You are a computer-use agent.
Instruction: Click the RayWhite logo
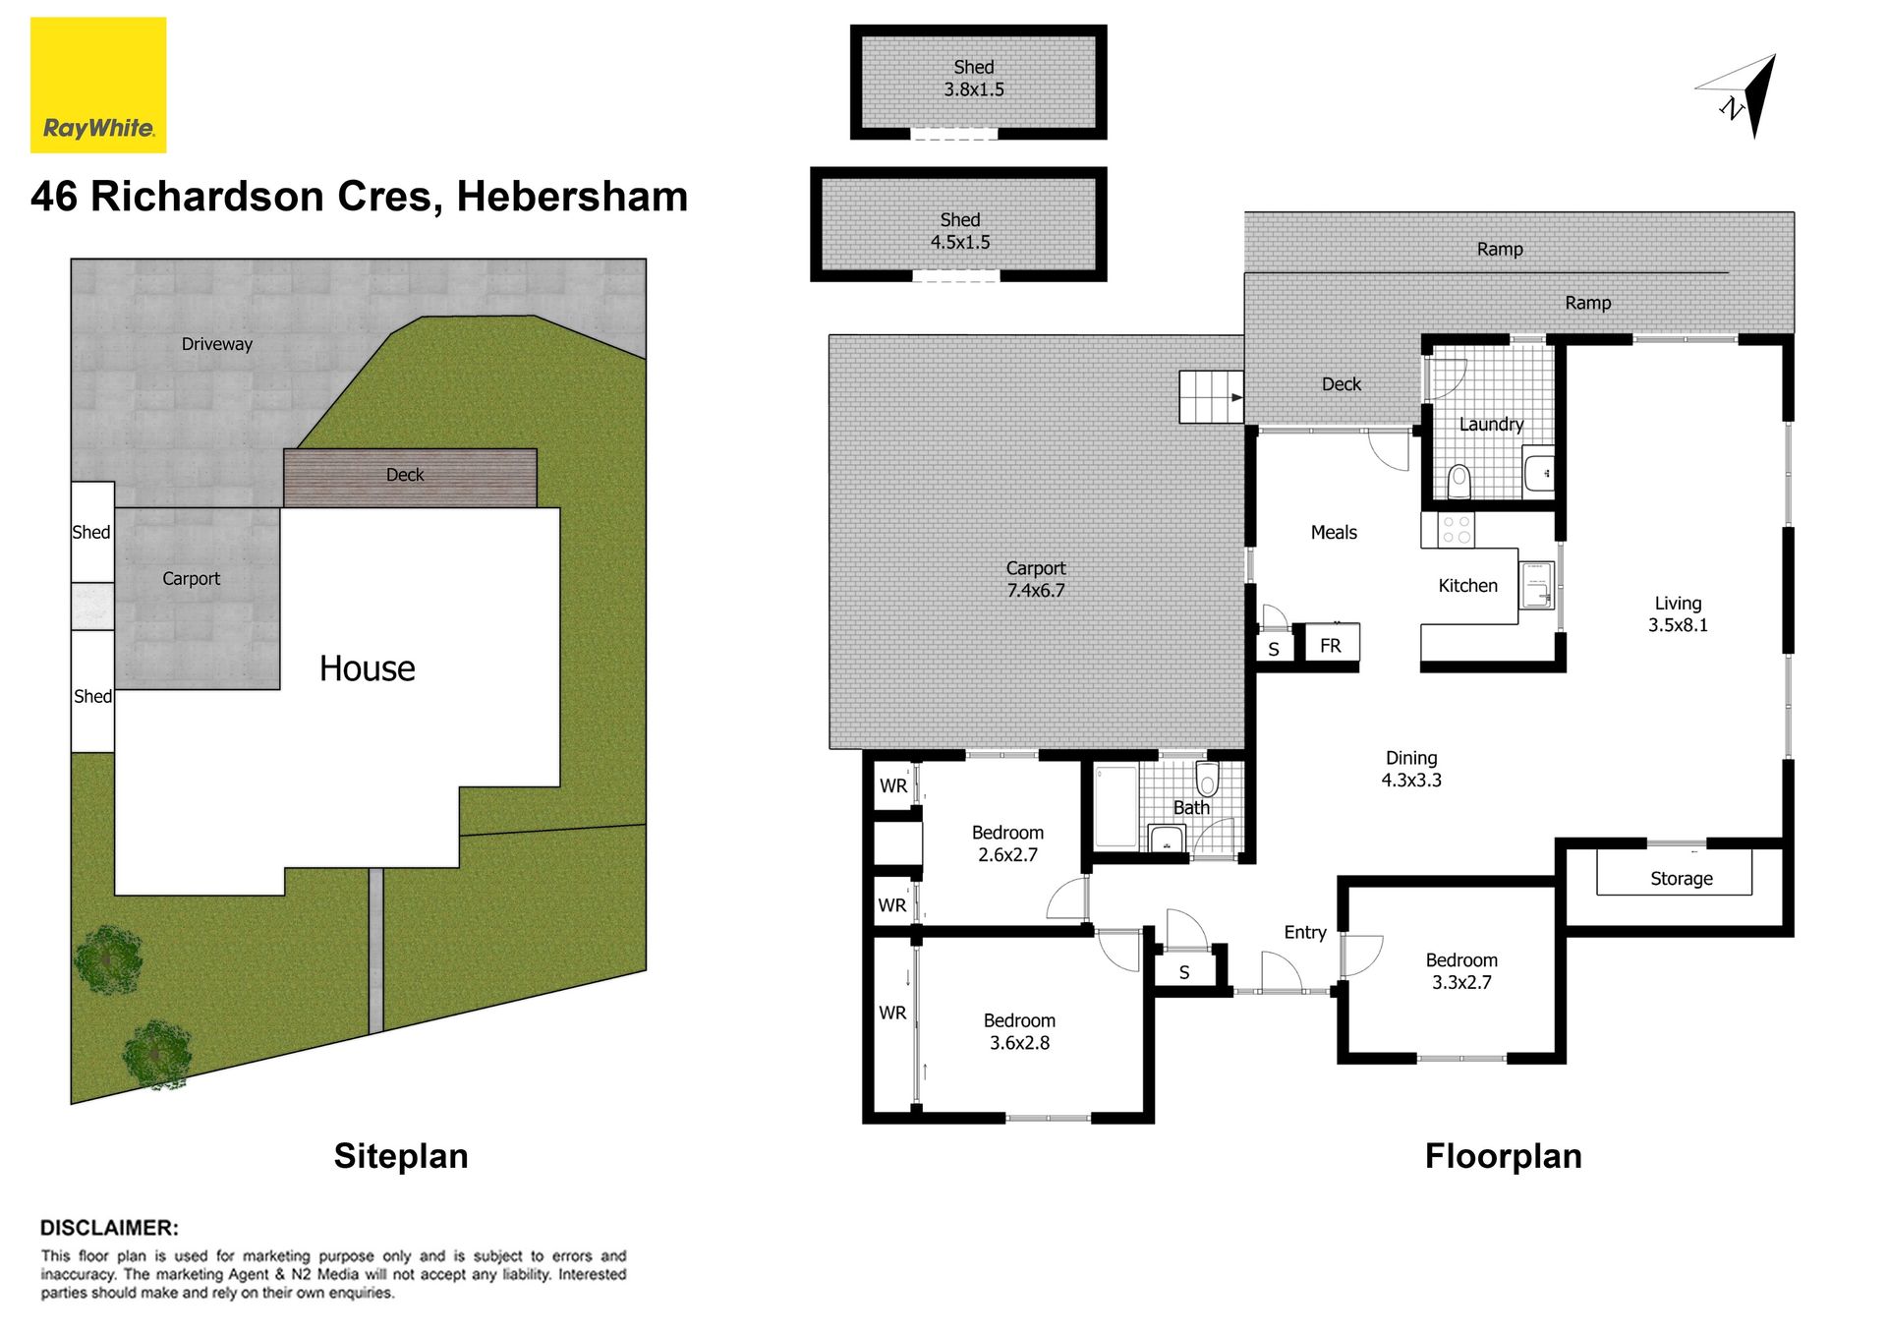tap(98, 85)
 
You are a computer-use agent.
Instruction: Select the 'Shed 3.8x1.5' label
tap(974, 78)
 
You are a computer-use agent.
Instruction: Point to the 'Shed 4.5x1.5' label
tap(960, 231)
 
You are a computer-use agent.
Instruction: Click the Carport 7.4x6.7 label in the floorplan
tap(1036, 579)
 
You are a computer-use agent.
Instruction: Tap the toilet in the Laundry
tap(1459, 481)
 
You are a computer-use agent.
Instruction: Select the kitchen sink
tap(1536, 586)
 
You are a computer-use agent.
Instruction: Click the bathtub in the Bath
tap(1115, 806)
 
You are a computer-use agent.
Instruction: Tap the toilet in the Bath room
tap(1207, 780)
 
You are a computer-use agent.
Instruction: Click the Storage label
tap(1681, 879)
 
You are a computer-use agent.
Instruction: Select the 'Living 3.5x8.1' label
tap(1678, 614)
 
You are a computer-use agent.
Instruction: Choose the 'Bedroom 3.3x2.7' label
tap(1461, 971)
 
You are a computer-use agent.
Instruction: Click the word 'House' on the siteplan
tap(368, 668)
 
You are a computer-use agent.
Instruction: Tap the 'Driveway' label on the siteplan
tap(217, 344)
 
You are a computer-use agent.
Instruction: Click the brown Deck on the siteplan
tap(410, 478)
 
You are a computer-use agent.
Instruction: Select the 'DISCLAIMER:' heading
tap(109, 1228)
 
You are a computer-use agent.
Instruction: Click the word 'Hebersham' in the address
tap(572, 197)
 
